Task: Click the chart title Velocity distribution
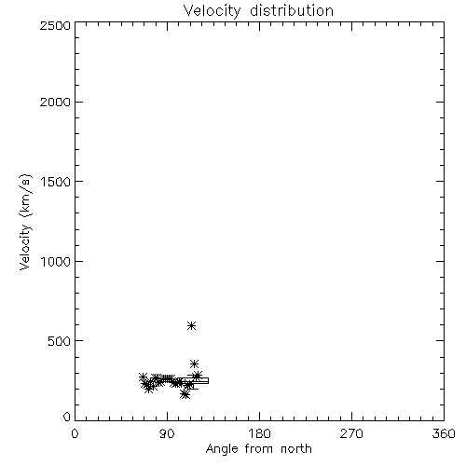click(x=258, y=10)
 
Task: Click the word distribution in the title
click(x=292, y=10)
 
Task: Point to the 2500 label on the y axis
click(x=55, y=25)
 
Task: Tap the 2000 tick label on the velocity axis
click(x=55, y=102)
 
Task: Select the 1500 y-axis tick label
click(x=56, y=182)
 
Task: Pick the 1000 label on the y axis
click(x=56, y=261)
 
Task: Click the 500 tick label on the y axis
click(x=60, y=341)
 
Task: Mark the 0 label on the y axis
click(x=67, y=417)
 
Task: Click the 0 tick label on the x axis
click(x=75, y=433)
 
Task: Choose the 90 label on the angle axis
click(x=167, y=433)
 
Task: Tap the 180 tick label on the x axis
click(x=259, y=433)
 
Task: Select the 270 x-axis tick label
click(x=351, y=433)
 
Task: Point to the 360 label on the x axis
click(x=444, y=433)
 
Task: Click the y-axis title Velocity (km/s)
click(x=25, y=222)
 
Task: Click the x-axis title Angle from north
click(x=258, y=449)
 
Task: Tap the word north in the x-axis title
click(x=296, y=449)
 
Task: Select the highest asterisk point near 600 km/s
click(x=191, y=325)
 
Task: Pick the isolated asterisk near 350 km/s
click(x=194, y=363)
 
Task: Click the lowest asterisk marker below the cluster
click(x=185, y=394)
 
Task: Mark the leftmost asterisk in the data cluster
click(x=143, y=377)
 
